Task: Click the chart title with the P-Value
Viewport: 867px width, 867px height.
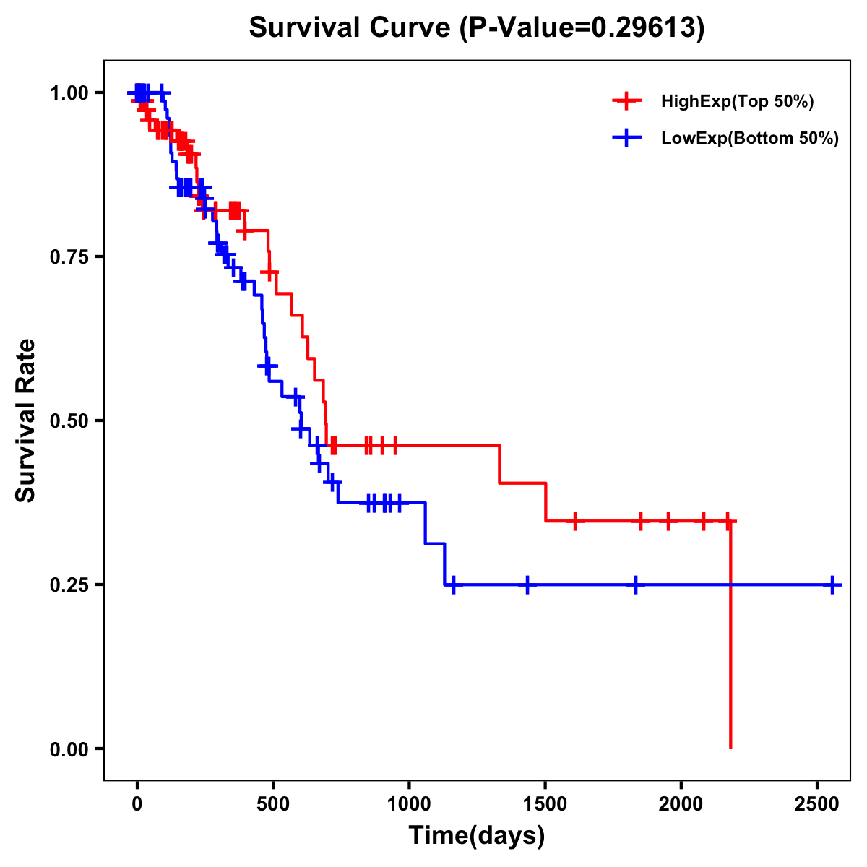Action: (476, 28)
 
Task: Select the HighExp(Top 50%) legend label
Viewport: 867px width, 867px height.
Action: (737, 102)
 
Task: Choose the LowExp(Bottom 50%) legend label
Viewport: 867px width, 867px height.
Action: (750, 139)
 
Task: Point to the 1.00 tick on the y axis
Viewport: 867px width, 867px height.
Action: (69, 93)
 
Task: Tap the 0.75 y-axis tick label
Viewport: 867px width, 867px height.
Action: (69, 257)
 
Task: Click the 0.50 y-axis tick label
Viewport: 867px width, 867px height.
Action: (69, 420)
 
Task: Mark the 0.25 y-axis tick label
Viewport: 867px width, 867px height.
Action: (69, 585)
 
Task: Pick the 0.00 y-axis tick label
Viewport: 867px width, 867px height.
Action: (69, 749)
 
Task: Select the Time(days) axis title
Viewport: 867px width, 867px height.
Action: (476, 836)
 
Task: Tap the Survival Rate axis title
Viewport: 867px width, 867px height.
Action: (26, 420)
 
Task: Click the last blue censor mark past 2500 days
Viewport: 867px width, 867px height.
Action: (832, 585)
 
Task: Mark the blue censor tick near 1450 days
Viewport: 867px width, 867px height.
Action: (527, 585)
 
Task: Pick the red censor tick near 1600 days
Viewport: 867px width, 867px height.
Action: (575, 521)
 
